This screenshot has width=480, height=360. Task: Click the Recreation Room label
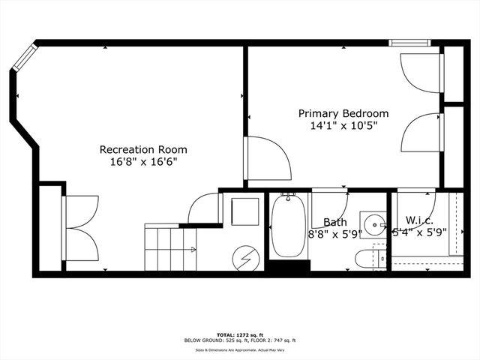coord(143,149)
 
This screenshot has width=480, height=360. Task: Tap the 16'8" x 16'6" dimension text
coord(143,161)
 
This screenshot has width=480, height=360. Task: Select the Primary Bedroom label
coord(343,113)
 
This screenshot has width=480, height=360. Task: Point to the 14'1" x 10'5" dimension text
coord(343,125)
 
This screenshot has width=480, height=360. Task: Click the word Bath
coord(334,222)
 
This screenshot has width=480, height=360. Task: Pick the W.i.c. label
coord(420,220)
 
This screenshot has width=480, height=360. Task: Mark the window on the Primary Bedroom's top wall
coord(410,43)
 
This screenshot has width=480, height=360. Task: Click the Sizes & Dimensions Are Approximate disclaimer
coord(239,349)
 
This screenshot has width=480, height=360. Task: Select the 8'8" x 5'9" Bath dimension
coord(334,233)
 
